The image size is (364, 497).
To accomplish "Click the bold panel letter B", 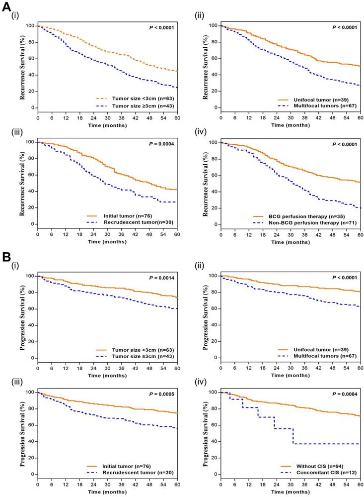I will [x=6, y=258].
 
